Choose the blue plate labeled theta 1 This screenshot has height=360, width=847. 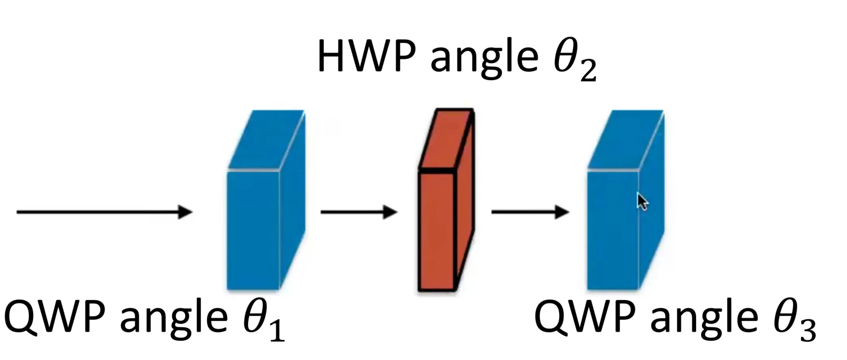tap(253, 229)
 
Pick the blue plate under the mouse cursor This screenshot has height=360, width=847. tap(613, 233)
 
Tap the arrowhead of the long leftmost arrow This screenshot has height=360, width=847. tap(186, 212)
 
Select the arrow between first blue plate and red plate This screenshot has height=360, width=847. tap(359, 212)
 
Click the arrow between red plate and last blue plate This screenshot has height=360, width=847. tap(530, 212)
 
